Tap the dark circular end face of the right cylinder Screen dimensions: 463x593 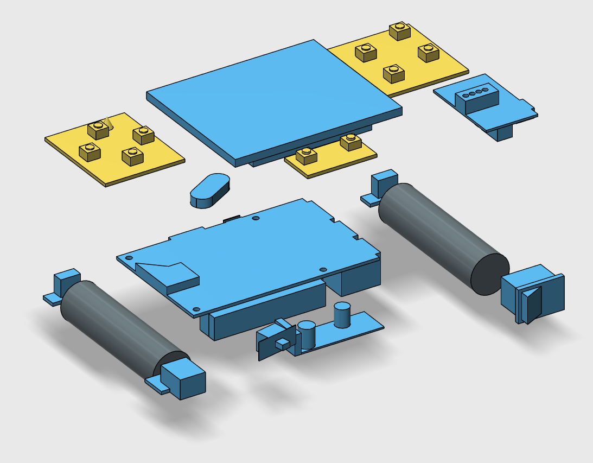click(489, 275)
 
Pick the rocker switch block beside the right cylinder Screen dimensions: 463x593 click(534, 294)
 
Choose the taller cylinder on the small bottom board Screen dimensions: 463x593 click(341, 315)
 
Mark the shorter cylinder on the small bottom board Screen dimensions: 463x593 click(307, 333)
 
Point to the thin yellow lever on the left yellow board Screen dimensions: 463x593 click(110, 123)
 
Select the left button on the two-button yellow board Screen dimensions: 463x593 click(307, 155)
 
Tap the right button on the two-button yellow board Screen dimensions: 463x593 click(350, 142)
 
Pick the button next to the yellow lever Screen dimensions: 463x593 click(98, 130)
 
